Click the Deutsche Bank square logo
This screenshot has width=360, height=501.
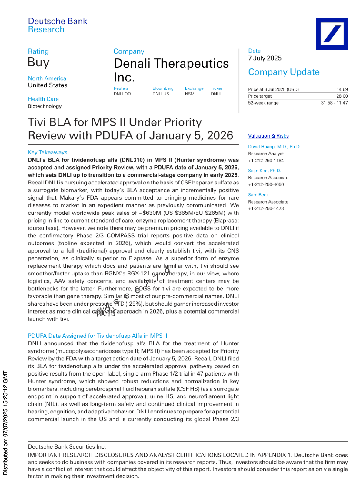332,34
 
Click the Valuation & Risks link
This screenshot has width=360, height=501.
268,136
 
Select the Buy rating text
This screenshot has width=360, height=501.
38,62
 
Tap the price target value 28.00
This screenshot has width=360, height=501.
342,96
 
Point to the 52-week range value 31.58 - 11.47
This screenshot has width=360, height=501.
334,103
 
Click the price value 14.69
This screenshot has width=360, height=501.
342,89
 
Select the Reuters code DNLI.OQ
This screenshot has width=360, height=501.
122,94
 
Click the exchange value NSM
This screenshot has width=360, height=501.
190,94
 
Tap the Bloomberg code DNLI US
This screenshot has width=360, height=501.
161,94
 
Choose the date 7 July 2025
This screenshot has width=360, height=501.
265,58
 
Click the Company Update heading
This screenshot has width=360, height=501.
284,72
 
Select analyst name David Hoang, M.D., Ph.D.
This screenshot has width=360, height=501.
274,147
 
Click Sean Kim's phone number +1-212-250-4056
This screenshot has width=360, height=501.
266,184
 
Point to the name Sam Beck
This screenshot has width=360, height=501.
258,195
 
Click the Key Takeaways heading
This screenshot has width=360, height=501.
48,152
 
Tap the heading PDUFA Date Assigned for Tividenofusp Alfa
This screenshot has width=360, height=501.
97,336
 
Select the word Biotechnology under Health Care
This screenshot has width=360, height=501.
45,106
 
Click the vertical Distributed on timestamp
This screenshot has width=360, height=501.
5,423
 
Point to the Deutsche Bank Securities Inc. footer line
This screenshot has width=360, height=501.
67,447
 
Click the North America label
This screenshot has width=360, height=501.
47,78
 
